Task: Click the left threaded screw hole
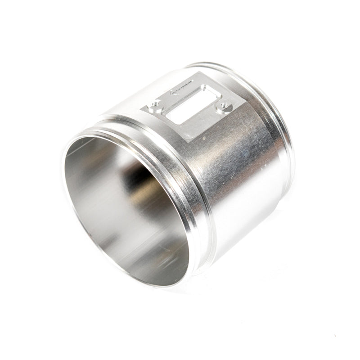tap(155, 106)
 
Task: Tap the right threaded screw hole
tap(224, 107)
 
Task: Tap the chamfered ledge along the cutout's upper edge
tap(189, 97)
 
